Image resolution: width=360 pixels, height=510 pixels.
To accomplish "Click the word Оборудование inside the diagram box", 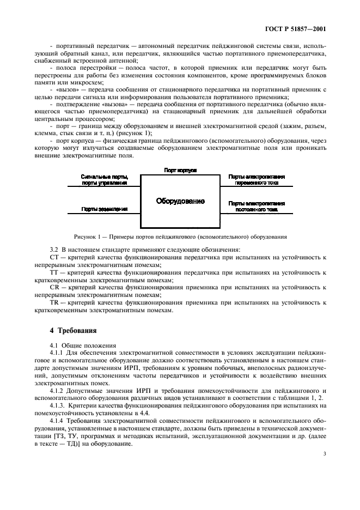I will pyautogui.click(x=180, y=201).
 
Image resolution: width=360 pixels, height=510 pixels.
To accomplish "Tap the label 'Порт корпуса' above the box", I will pyautogui.click(x=180, y=171).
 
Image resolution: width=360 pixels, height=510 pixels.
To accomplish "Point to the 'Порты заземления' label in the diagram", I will pyautogui.click(x=104, y=209).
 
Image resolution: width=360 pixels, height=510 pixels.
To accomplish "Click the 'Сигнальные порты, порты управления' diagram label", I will pyautogui.click(x=104, y=180).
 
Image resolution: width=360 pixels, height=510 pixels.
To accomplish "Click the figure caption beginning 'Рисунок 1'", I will pyautogui.click(x=180, y=236).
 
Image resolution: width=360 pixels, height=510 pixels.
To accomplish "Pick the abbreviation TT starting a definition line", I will pyautogui.click(x=53, y=271).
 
